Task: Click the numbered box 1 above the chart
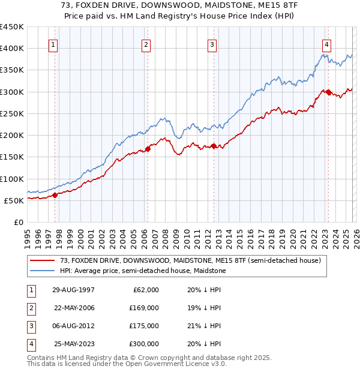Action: pyautogui.click(x=54, y=44)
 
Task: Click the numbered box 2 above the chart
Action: pyautogui.click(x=146, y=44)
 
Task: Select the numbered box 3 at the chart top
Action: pyautogui.click(x=212, y=44)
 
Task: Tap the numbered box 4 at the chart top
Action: pyautogui.click(x=326, y=44)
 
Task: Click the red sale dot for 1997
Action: pyautogui.click(x=55, y=194)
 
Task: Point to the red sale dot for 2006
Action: pyautogui.click(x=147, y=149)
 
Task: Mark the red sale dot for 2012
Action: pyautogui.click(x=213, y=146)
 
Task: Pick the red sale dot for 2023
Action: pyautogui.click(x=328, y=92)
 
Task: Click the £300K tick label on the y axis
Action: pyautogui.click(x=11, y=92)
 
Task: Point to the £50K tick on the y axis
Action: pyautogui.click(x=14, y=200)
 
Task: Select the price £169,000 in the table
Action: pyautogui.click(x=145, y=308)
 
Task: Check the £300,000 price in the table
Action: pyautogui.click(x=145, y=344)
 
